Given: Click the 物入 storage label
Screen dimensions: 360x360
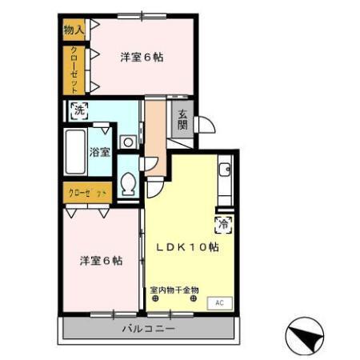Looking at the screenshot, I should coord(73,30).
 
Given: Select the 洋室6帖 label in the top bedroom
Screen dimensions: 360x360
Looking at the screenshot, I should coord(142,57).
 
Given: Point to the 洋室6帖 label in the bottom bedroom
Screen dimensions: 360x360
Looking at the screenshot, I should coord(101,261).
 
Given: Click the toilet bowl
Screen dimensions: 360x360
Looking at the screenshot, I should coord(127,186).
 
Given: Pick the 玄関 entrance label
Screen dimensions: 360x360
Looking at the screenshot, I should coord(182,119).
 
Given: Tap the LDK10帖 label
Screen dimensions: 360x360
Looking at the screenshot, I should coord(191,247).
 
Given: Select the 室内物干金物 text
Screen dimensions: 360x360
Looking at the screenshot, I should coord(174,290).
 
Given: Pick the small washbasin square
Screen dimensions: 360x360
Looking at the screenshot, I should coord(127,142).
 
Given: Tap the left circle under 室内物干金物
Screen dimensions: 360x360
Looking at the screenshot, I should coord(156,300).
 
